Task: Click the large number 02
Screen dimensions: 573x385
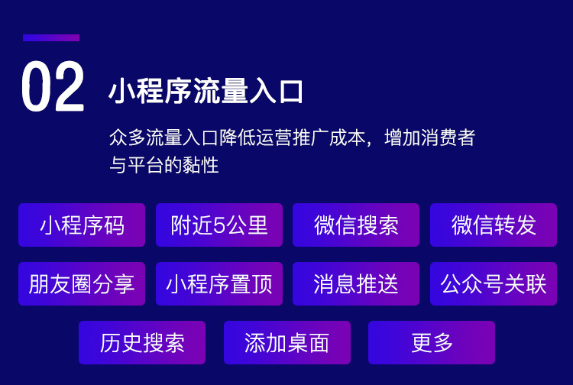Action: click(53, 86)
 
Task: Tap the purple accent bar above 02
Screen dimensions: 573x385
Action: click(51, 37)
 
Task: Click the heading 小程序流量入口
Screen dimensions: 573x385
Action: click(206, 91)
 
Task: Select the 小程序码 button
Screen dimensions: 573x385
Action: click(82, 225)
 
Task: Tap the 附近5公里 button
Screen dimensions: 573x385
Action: click(219, 225)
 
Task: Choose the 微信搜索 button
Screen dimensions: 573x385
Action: click(356, 225)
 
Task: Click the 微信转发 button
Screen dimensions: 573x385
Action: click(494, 225)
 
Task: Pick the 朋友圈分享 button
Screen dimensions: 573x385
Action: click(82, 284)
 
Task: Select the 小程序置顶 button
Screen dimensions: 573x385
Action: click(219, 284)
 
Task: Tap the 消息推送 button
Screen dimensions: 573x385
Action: click(356, 284)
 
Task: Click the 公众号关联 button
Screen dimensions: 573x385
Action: click(494, 284)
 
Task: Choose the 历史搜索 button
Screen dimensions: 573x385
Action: click(142, 343)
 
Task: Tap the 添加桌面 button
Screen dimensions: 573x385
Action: click(286, 343)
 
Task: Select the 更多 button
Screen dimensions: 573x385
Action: click(432, 343)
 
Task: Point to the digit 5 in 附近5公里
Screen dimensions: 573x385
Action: click(219, 225)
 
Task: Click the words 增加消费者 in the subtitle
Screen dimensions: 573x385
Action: click(429, 138)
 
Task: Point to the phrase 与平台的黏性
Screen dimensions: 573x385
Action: click(164, 165)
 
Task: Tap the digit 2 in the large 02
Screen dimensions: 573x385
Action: click(70, 86)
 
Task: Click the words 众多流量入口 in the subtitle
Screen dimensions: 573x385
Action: click(164, 138)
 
